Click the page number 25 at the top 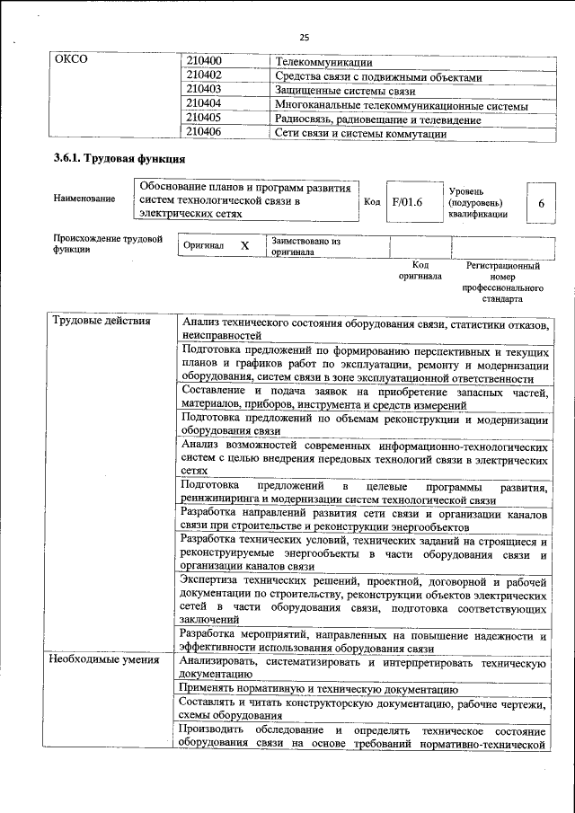(x=304, y=37)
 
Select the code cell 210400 (x=204, y=62)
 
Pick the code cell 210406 (x=204, y=133)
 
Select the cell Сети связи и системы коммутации (x=361, y=133)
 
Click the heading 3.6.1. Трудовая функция (x=119, y=160)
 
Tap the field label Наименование (x=84, y=199)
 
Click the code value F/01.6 (x=407, y=203)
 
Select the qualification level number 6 (x=541, y=204)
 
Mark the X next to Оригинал (x=244, y=245)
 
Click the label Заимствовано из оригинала (x=305, y=247)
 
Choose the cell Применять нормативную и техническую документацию (x=319, y=689)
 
